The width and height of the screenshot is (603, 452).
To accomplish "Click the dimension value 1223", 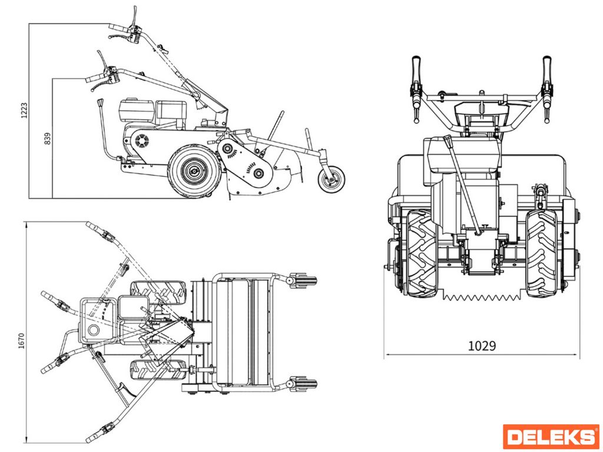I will (24, 109).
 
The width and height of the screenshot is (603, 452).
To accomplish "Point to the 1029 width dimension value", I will (482, 346).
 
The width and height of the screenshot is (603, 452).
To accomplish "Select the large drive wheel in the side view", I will (194, 171).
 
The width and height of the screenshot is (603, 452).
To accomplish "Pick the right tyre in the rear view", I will (541, 252).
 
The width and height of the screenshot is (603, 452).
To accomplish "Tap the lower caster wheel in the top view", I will (303, 384).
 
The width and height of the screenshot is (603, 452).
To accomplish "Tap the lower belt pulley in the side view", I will (257, 172).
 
